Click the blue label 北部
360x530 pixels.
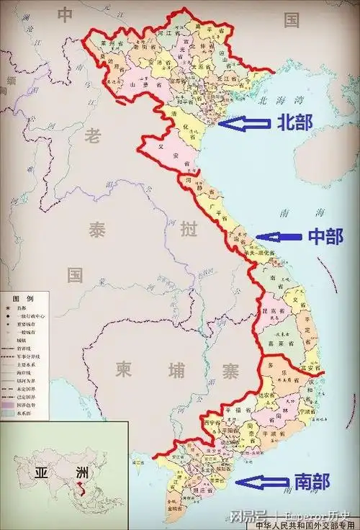point(294,122)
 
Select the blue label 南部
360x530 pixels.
point(313,481)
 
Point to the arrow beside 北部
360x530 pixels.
point(243,123)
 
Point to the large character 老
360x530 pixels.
point(92,135)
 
